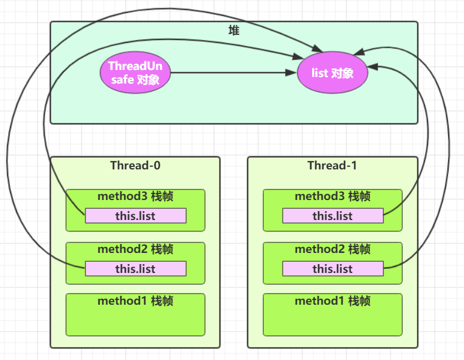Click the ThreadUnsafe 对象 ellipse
(135, 74)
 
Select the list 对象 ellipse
(333, 74)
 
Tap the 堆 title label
(234, 31)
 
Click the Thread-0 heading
(135, 165)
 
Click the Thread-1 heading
(332, 165)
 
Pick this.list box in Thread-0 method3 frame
(135, 216)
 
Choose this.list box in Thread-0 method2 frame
(135, 269)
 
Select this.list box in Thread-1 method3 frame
(333, 216)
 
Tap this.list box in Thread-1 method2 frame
(333, 269)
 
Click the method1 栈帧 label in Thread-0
(135, 301)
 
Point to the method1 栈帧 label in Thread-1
(333, 301)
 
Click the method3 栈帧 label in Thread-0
(135, 196)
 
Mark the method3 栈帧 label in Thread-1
(333, 196)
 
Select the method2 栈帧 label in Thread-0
(135, 249)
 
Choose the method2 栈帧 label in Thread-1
(333, 249)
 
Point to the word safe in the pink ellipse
(122, 80)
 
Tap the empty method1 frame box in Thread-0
(135, 321)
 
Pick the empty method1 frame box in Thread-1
(333, 321)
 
